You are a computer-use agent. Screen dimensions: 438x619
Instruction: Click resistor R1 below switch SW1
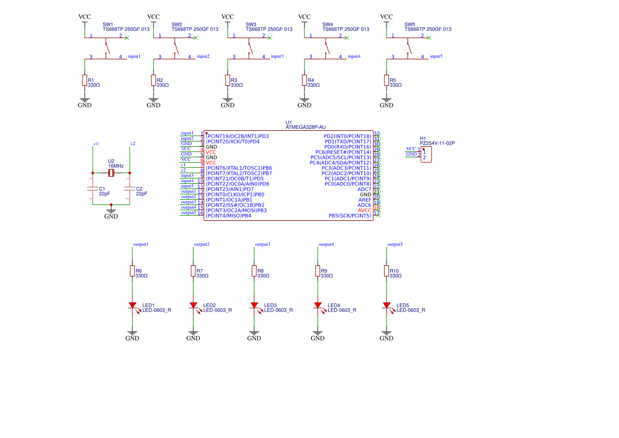tap(85, 80)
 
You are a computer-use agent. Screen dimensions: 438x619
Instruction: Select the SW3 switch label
tap(251, 24)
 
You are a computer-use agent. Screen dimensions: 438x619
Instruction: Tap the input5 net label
tap(436, 56)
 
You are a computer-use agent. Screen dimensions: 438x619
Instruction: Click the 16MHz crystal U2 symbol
tap(111, 173)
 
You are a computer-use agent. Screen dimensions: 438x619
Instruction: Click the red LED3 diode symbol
tap(254, 305)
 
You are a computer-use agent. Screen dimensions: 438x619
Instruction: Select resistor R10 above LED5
tap(387, 271)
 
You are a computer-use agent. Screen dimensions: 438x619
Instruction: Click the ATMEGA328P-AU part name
tap(306, 127)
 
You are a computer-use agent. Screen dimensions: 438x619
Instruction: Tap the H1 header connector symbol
tap(426, 155)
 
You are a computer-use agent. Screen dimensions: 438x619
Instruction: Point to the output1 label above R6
tap(141, 244)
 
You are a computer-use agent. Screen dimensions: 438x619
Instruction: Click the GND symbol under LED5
tap(387, 336)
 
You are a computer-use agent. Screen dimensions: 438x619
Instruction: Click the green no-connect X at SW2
tap(196, 38)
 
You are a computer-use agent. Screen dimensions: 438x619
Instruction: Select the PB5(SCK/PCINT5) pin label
tap(349, 216)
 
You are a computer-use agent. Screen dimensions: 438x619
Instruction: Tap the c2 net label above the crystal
tap(133, 144)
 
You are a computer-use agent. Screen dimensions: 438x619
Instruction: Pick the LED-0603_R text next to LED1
tap(157, 310)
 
